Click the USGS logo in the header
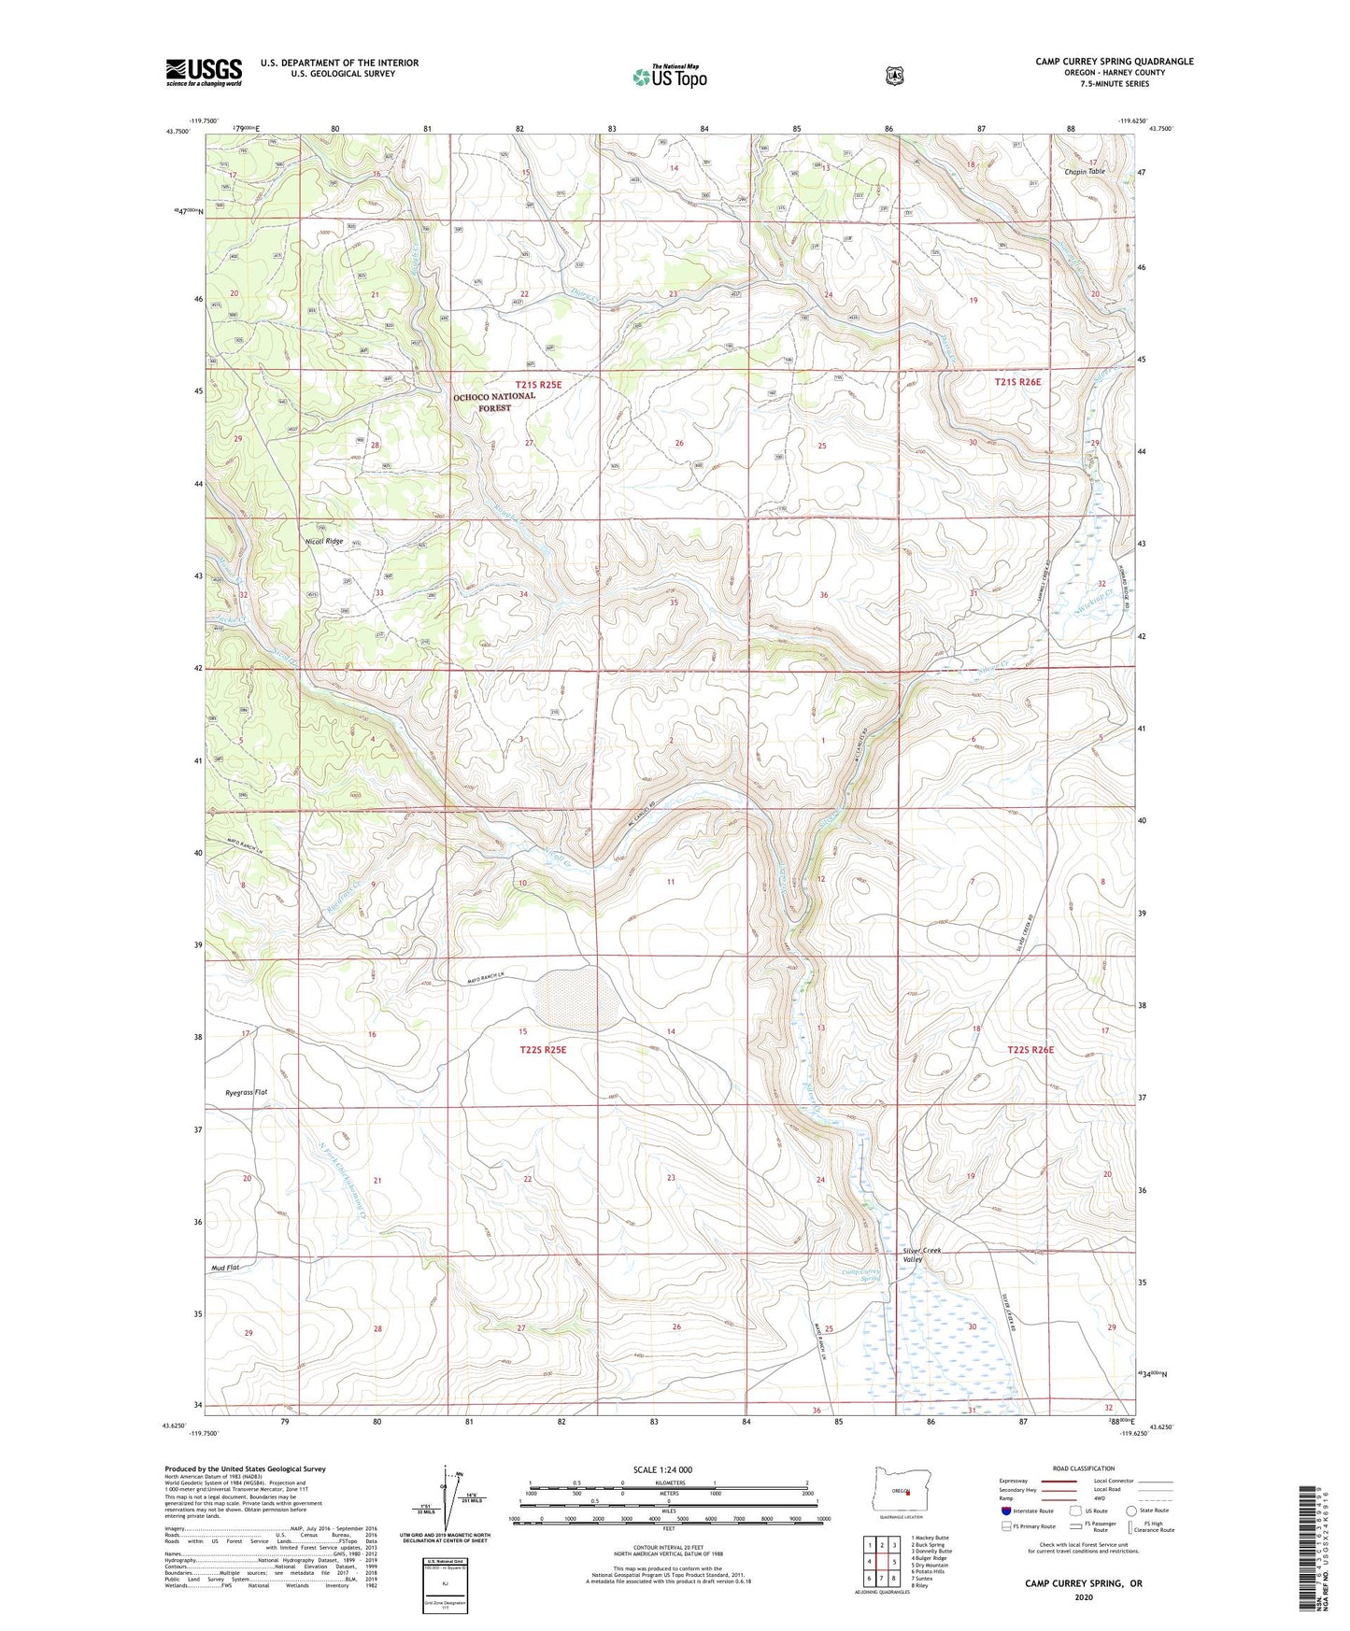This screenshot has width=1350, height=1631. point(204,72)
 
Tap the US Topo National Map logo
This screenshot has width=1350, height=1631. point(669,76)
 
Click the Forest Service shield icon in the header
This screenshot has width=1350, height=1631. point(894,76)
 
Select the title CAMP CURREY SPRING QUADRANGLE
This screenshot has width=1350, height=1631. point(1114,62)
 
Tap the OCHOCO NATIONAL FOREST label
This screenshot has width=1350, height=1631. point(494,401)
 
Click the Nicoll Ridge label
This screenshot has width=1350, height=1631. point(324,541)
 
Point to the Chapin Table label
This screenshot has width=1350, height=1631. point(1084,172)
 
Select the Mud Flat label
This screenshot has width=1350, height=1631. point(225,1268)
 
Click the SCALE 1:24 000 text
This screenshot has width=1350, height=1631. point(662,1469)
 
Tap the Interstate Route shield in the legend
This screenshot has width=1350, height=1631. point(1005,1510)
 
